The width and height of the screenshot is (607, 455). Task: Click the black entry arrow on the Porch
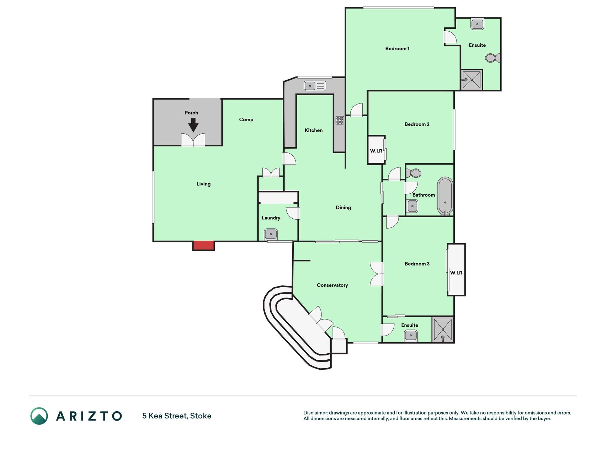193,125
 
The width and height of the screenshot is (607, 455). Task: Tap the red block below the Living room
203,246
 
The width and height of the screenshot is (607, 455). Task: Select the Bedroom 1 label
397,48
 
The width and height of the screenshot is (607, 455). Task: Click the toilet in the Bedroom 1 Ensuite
493,58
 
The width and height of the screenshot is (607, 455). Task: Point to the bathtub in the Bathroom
445,196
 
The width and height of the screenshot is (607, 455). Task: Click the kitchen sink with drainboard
315,86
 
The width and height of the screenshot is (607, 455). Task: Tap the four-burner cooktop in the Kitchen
340,120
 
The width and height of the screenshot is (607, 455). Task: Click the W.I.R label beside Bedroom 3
456,273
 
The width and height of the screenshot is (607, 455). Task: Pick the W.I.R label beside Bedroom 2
376,151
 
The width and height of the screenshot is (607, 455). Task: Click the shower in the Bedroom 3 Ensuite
443,330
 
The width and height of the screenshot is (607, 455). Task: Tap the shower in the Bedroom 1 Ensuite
472,80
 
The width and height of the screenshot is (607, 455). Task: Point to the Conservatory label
332,285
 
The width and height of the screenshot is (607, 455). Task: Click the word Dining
343,207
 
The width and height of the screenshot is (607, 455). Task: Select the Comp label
246,119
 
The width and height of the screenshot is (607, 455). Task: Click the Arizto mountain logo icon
39,416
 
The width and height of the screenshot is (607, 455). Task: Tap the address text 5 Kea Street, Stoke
177,416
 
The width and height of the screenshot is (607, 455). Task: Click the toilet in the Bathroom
414,173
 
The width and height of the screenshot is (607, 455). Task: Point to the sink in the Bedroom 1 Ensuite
477,24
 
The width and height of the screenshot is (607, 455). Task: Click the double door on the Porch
193,140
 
